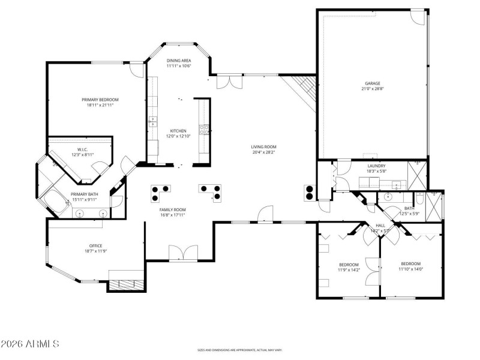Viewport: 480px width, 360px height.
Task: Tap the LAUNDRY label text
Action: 376,166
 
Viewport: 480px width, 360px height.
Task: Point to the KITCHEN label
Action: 178,131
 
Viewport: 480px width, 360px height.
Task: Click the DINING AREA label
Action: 179,61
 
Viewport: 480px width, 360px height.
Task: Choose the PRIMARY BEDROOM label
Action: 100,100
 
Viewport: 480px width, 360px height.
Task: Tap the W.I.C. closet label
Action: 83,149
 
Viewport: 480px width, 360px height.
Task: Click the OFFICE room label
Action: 95,245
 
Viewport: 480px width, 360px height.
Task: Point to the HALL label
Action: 380,225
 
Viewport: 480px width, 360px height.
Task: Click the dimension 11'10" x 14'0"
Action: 411,269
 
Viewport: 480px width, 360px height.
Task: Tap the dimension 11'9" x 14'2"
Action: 349,270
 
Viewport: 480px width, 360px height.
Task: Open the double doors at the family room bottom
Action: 182,253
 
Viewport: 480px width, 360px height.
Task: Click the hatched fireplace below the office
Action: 127,284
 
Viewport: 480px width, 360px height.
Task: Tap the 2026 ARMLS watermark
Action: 30,344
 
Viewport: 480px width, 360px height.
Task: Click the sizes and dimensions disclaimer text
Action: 240,350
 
